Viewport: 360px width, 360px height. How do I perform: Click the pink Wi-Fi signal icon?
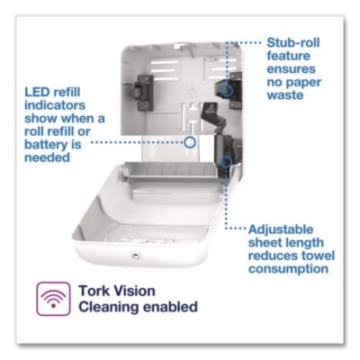53,299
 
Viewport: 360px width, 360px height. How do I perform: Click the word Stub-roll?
293,42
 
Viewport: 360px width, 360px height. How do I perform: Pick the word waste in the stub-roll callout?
285,95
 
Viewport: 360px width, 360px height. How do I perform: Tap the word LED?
36,92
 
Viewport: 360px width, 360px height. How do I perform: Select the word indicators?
55,105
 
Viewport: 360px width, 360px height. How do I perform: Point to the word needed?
47,157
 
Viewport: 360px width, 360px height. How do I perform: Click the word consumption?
288,269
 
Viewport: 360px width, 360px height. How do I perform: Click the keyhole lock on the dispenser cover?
136,256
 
